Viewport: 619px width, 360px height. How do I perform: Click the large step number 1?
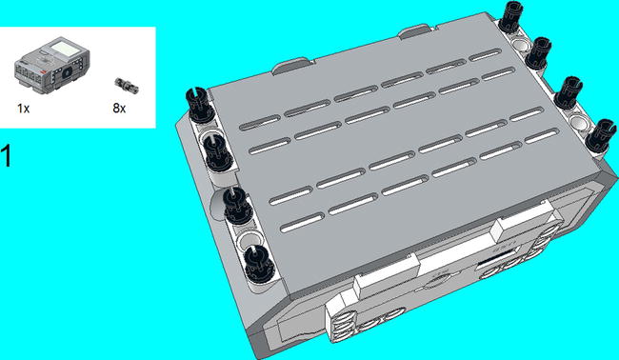point(7,156)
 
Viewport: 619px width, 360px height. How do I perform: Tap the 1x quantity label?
point(23,109)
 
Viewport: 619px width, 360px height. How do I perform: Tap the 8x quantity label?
point(119,109)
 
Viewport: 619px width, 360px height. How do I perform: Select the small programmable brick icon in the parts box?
point(52,65)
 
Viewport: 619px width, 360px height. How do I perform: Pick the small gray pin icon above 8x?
point(127,86)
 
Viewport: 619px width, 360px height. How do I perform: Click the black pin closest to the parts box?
point(201,104)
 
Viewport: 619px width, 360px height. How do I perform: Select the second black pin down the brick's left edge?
point(218,152)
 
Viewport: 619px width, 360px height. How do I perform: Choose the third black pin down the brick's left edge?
point(238,206)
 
